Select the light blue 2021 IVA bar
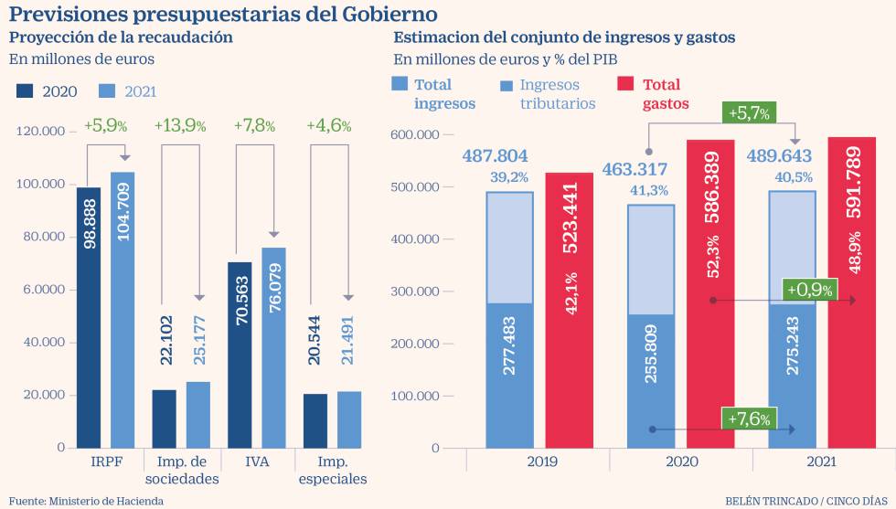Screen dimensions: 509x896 (x=273, y=347)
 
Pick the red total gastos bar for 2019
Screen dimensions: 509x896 (x=570, y=310)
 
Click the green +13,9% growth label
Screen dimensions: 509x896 (x=179, y=126)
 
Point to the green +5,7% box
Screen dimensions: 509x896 (x=750, y=112)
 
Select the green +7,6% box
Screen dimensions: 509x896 (x=749, y=419)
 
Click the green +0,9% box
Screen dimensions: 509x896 (x=809, y=290)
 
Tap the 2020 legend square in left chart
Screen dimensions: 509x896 (x=26, y=91)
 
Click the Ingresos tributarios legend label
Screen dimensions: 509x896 (x=557, y=94)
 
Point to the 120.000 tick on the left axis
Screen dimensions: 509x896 (x=40, y=132)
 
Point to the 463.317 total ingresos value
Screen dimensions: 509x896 (x=635, y=169)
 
